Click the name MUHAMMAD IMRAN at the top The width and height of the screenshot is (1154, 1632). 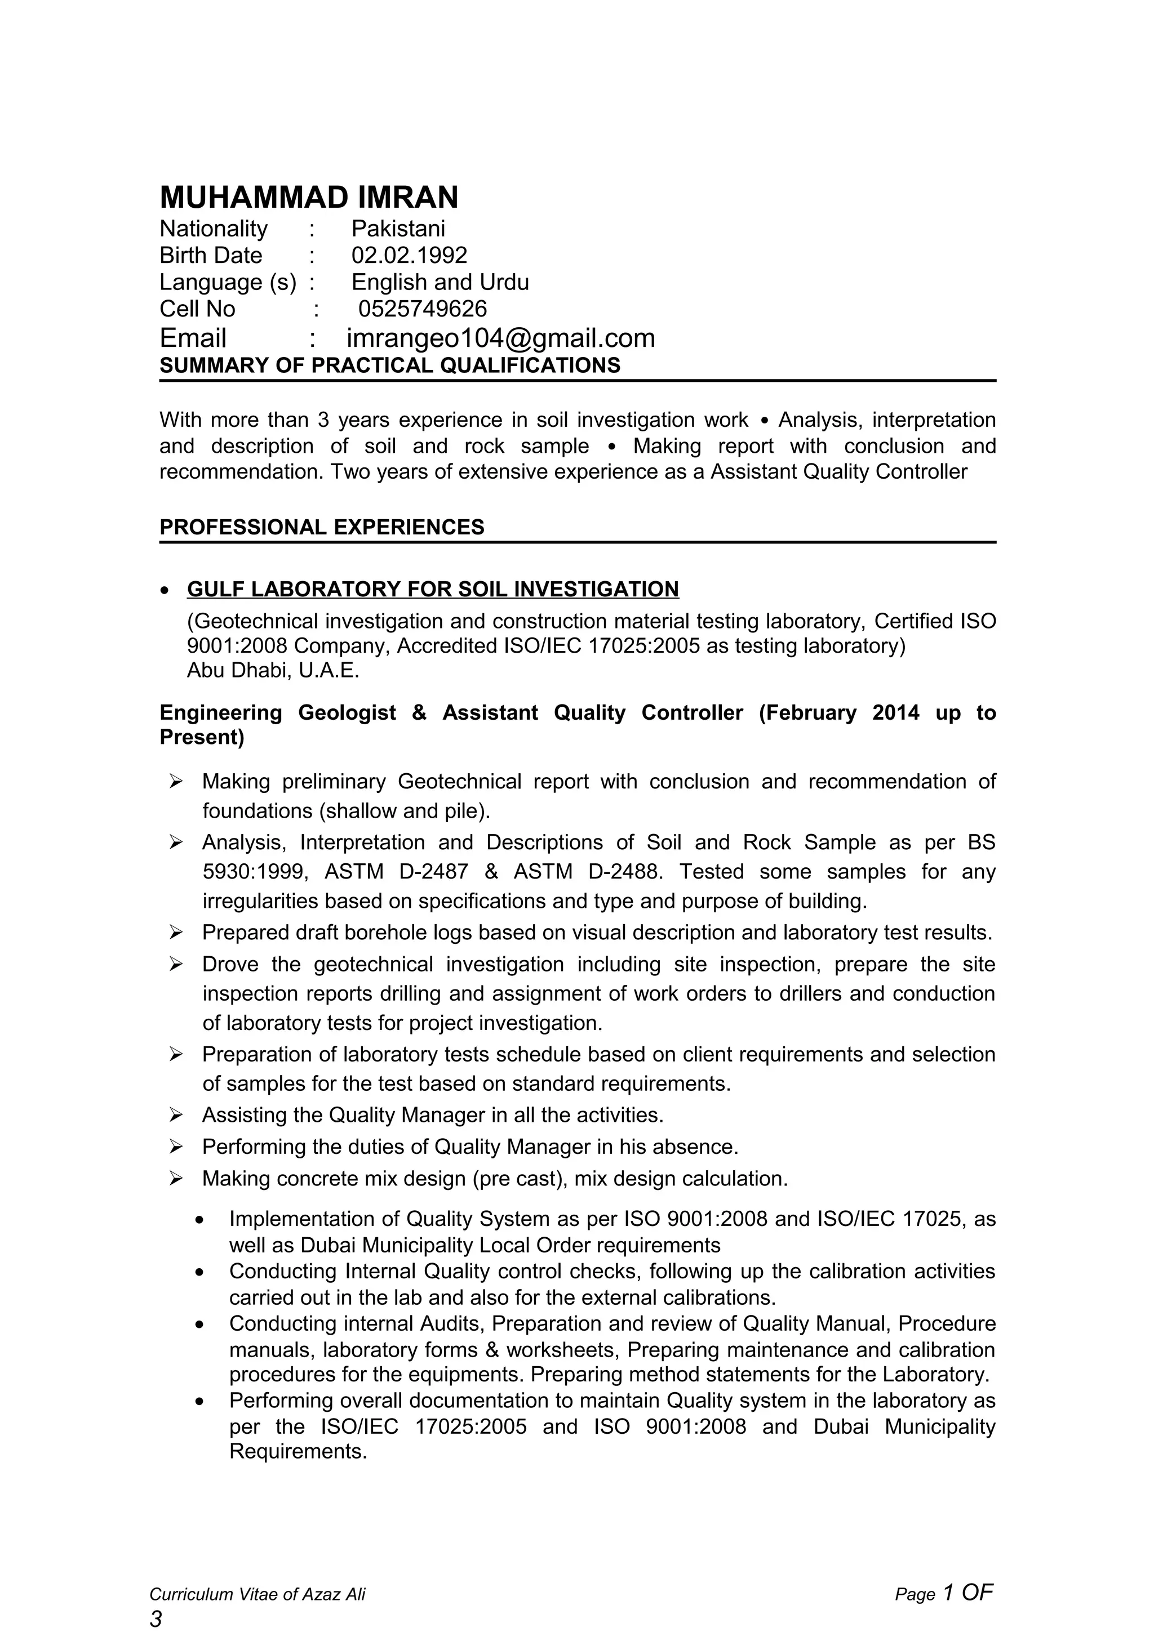pos(309,198)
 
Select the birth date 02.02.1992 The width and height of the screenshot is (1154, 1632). pos(409,255)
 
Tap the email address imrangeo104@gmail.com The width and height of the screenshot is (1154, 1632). pos(500,338)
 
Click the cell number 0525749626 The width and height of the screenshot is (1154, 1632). pos(423,309)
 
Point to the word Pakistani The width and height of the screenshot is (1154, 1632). pos(398,229)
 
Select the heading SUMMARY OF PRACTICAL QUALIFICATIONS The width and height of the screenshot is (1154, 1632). pos(389,365)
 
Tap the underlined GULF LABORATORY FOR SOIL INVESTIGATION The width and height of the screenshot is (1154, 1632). pos(432,589)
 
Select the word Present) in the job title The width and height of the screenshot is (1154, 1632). pos(202,737)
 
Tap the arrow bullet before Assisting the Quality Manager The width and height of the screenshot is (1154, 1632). pos(176,1115)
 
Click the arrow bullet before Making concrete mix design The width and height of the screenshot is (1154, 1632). pos(176,1179)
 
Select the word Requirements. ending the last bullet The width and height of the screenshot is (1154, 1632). pos(298,1451)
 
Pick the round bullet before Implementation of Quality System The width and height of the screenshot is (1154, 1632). pos(201,1220)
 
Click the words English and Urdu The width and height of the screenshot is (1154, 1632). pos(440,282)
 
